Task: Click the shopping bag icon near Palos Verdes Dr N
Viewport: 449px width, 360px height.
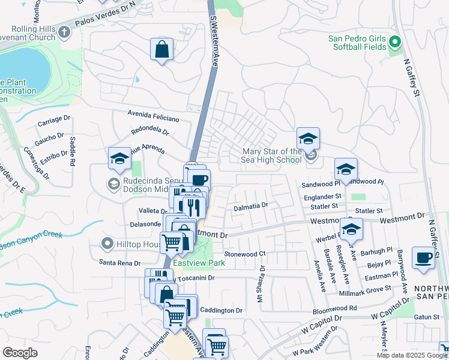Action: [162, 50]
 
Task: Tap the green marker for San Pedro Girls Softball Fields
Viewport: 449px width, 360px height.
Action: [394, 42]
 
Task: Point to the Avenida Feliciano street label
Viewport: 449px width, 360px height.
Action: [153, 113]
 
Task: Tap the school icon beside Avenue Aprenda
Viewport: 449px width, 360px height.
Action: [119, 159]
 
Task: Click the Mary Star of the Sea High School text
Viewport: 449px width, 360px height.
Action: [271, 155]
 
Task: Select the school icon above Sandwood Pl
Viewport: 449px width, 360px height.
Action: [346, 169]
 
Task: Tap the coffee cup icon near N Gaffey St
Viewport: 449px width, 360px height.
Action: [424, 258]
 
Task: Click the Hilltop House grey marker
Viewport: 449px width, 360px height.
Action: [107, 243]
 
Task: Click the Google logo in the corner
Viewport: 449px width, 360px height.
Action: [20, 353]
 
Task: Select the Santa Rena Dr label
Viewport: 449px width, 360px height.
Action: [120, 263]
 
